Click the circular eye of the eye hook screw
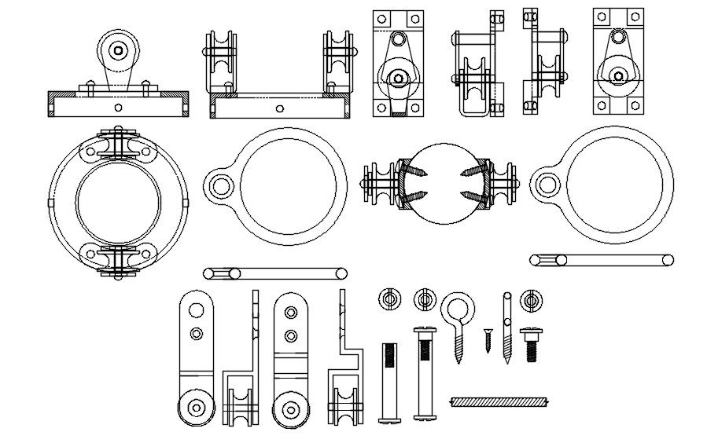click(456, 306)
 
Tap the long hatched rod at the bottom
click(498, 402)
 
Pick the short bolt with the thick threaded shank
click(530, 342)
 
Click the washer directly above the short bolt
click(531, 299)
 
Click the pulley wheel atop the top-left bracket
click(118, 49)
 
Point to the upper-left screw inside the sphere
click(417, 168)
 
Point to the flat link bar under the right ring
click(602, 259)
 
